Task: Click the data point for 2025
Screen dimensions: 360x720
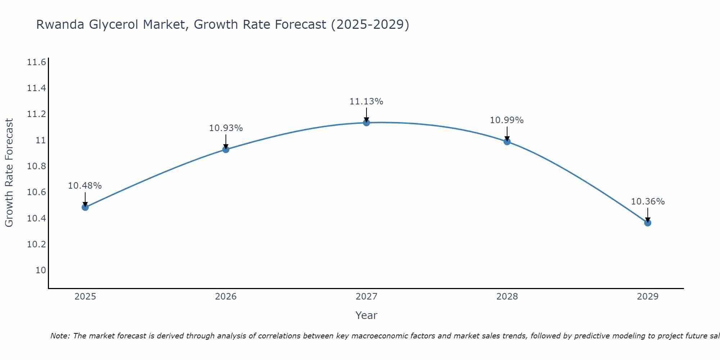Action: [x=85, y=207]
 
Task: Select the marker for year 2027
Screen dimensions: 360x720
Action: [x=366, y=123]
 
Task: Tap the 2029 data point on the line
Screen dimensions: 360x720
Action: [x=648, y=223]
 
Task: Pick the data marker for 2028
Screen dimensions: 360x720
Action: [x=507, y=141]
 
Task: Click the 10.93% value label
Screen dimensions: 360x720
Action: [x=226, y=128]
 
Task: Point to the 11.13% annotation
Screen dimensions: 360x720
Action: [x=366, y=102]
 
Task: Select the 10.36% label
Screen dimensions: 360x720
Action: [x=648, y=202]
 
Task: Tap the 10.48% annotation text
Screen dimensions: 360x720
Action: [x=85, y=186]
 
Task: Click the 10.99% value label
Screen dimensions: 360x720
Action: [x=507, y=120]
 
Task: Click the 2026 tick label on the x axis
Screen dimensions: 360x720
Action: [x=226, y=297]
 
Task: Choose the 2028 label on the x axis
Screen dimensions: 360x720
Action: [x=507, y=297]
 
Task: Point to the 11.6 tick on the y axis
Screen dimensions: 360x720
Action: [x=36, y=62]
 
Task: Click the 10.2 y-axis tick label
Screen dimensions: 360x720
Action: [x=36, y=244]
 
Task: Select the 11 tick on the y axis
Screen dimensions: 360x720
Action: [x=41, y=140]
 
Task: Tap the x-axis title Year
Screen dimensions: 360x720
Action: [x=366, y=315]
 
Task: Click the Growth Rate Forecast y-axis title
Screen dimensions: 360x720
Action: [x=9, y=173]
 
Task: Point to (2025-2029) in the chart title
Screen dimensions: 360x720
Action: [x=370, y=24]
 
